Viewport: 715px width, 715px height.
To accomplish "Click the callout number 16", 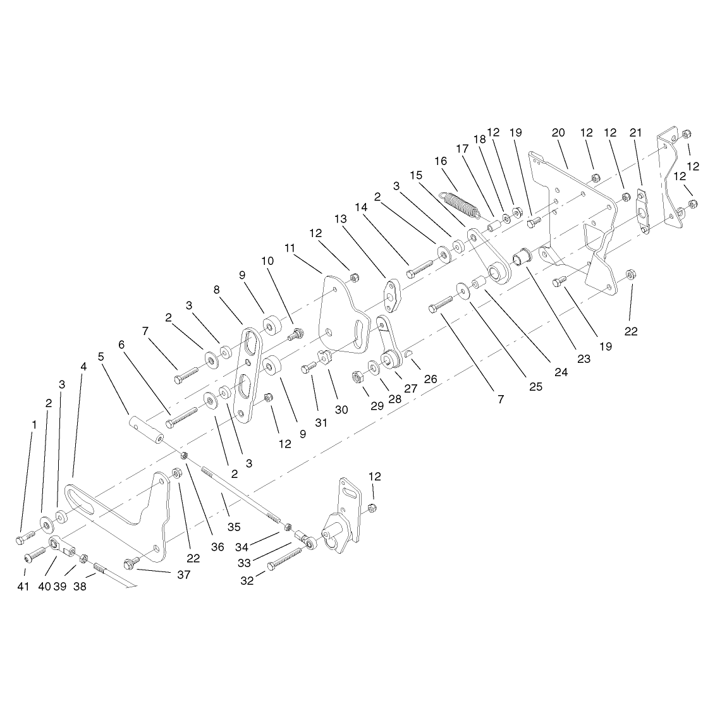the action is tap(441, 161).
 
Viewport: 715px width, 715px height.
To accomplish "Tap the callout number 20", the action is tap(558, 133).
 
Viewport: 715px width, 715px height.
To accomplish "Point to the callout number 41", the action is tap(23, 587).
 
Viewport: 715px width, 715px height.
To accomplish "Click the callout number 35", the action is tap(234, 527).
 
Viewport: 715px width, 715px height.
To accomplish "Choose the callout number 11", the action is tap(290, 248).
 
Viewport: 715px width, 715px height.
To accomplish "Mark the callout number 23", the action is tap(584, 359).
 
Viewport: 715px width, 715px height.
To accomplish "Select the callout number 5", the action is tap(101, 357).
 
